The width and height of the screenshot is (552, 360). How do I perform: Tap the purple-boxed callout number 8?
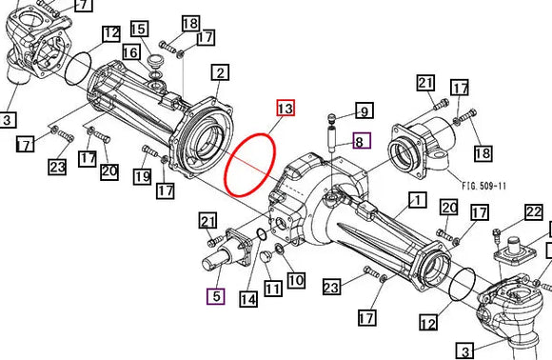point(361,142)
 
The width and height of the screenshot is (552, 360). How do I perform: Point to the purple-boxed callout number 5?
point(216,296)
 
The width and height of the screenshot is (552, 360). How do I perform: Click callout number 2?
point(221,72)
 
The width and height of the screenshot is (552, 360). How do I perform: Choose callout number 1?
point(415,200)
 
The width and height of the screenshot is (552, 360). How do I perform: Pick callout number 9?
point(363,110)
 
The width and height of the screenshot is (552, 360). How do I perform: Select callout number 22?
point(534,211)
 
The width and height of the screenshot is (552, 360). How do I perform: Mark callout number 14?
point(248,299)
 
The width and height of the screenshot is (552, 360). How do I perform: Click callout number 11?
point(273,288)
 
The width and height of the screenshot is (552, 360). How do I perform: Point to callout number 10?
point(296,280)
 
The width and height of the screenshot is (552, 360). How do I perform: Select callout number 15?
point(139,30)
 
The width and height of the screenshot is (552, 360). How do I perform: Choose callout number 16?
point(130,51)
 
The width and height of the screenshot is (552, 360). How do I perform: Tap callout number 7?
point(83,5)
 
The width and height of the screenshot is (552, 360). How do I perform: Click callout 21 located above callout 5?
point(208,222)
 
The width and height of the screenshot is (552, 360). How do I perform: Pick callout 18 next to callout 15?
point(189,23)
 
